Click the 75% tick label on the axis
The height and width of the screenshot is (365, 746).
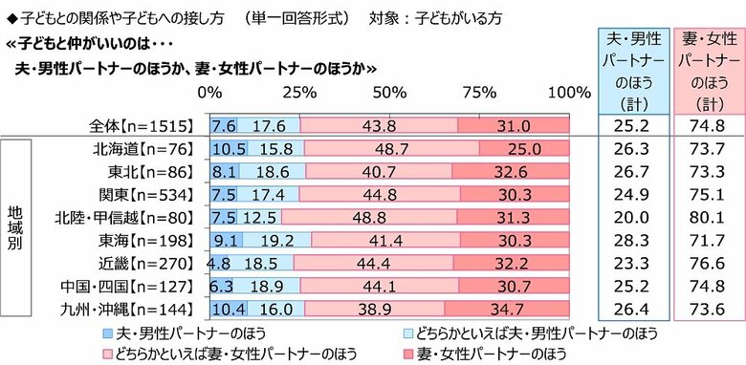point(479,93)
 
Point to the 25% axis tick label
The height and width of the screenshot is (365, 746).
point(298,93)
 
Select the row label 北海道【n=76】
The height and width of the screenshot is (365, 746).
point(146,148)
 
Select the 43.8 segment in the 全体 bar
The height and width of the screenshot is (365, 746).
point(379,125)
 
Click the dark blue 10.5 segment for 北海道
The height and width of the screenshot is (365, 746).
point(228,148)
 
